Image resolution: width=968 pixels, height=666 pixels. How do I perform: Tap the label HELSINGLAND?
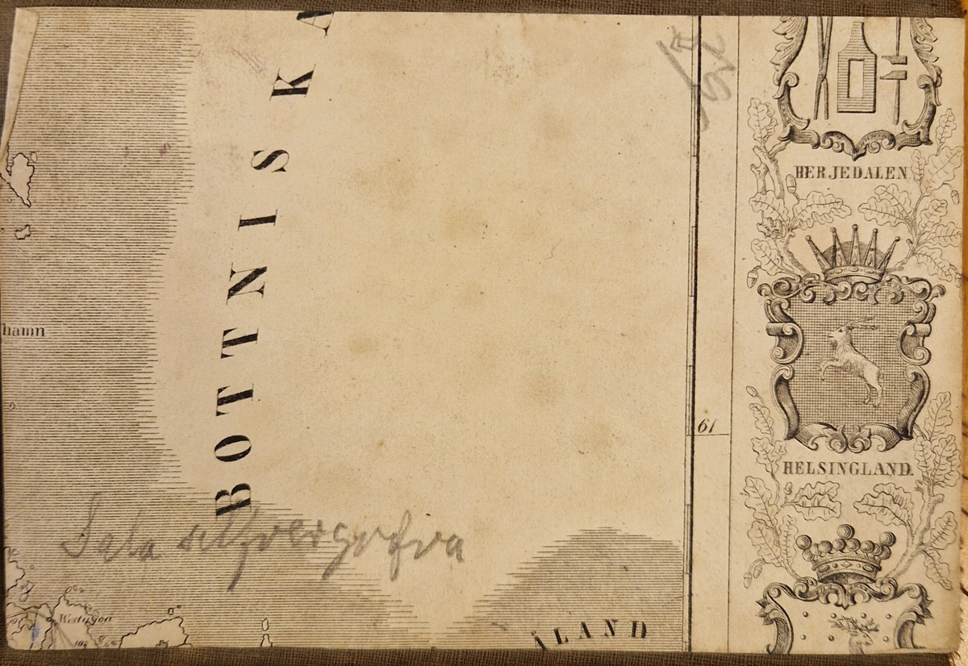(x=846, y=468)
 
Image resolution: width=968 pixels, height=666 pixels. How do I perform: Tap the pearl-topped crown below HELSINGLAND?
(x=845, y=554)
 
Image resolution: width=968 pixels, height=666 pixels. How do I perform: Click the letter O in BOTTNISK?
(x=233, y=443)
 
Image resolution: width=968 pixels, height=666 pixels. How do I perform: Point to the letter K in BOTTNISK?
(x=291, y=80)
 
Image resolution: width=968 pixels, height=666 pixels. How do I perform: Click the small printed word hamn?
(x=23, y=331)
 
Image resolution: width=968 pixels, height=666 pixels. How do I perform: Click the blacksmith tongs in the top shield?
(x=823, y=65)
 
